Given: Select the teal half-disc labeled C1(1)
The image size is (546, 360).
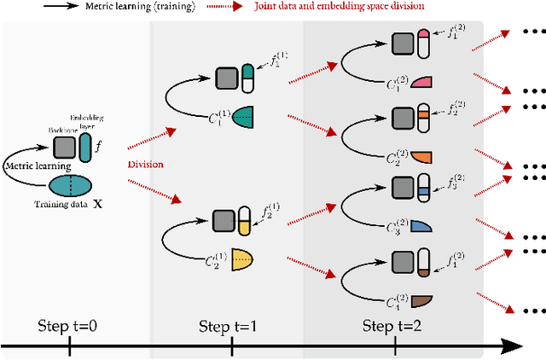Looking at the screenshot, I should point(241,117).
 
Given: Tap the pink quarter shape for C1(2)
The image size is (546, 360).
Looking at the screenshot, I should point(422,82).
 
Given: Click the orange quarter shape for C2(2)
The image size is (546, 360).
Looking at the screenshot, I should point(422,155).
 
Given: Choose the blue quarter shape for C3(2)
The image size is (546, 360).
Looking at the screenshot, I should point(422,227).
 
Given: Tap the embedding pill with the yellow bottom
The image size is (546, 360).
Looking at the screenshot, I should point(245,221).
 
